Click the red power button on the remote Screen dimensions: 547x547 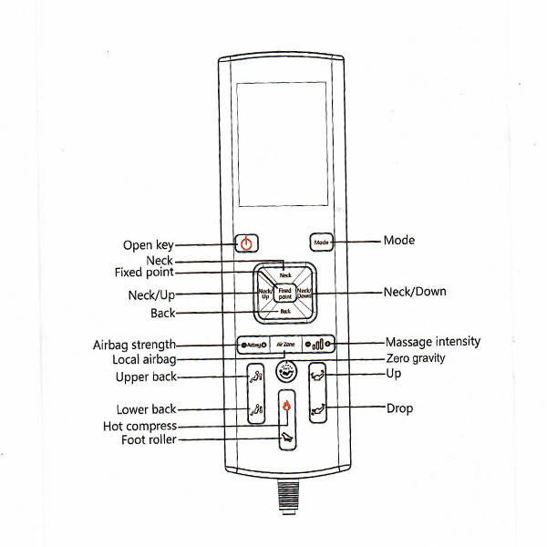coord(245,243)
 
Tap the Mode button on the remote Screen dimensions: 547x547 coord(321,243)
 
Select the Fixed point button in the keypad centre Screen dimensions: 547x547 coord(285,294)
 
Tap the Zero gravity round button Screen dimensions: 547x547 coord(285,372)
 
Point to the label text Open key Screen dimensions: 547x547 coord(148,245)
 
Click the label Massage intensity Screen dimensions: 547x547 coord(432,342)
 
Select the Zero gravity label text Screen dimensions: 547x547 coord(416,358)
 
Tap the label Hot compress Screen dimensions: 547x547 coord(139,426)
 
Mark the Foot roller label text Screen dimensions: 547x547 coord(149,440)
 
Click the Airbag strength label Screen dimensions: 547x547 coord(134,345)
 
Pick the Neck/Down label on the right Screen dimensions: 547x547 coord(415,292)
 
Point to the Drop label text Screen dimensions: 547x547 coord(399,408)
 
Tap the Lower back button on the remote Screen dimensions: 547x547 coord(256,409)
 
